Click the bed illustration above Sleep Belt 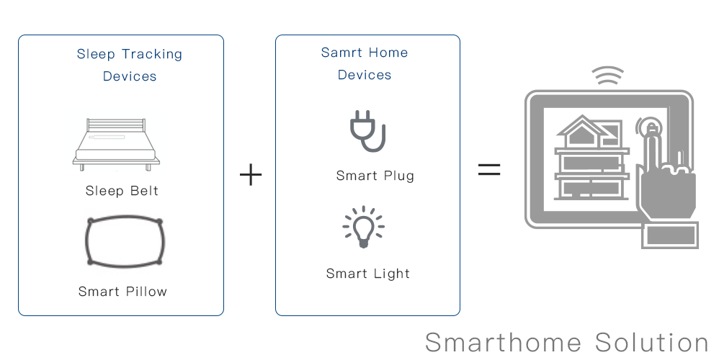117,144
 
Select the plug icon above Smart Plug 367,131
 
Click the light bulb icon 363,228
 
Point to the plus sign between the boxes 251,175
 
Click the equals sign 489,169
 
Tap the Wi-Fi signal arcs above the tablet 607,75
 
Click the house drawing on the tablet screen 592,158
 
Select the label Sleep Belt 122,191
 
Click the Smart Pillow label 122,292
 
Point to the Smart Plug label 375,176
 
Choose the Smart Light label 367,274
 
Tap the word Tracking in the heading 152,55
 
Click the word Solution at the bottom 651,343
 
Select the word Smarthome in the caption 504,343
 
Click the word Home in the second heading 388,53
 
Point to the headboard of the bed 116,125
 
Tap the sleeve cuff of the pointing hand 670,235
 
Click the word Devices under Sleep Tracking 130,76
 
